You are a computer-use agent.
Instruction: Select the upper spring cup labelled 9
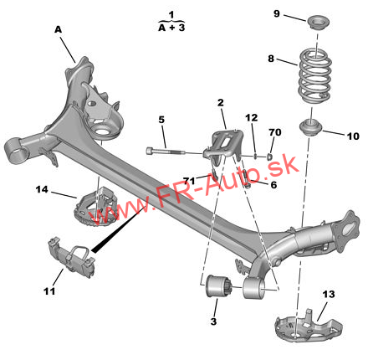pos(319,23)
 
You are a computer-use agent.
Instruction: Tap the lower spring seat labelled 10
pos(310,127)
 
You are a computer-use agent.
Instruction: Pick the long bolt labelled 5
pos(166,152)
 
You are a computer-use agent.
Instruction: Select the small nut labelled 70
pos(269,157)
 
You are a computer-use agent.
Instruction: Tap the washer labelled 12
pos(255,155)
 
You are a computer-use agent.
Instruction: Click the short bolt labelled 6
pos(246,178)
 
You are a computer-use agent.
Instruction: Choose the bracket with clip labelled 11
pos(72,258)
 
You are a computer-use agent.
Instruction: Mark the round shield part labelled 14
pos(95,207)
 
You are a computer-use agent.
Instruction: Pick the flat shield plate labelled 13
pos(308,325)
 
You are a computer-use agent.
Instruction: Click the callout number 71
pos(189,181)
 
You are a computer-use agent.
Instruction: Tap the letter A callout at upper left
pos(58,29)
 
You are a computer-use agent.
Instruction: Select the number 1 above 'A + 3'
pos(171,14)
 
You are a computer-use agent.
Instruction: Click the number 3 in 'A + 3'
pos(181,28)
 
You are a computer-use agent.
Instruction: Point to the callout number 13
pos(329,294)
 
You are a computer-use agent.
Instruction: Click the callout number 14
pos(42,189)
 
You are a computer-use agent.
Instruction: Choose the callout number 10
pos(353,136)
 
